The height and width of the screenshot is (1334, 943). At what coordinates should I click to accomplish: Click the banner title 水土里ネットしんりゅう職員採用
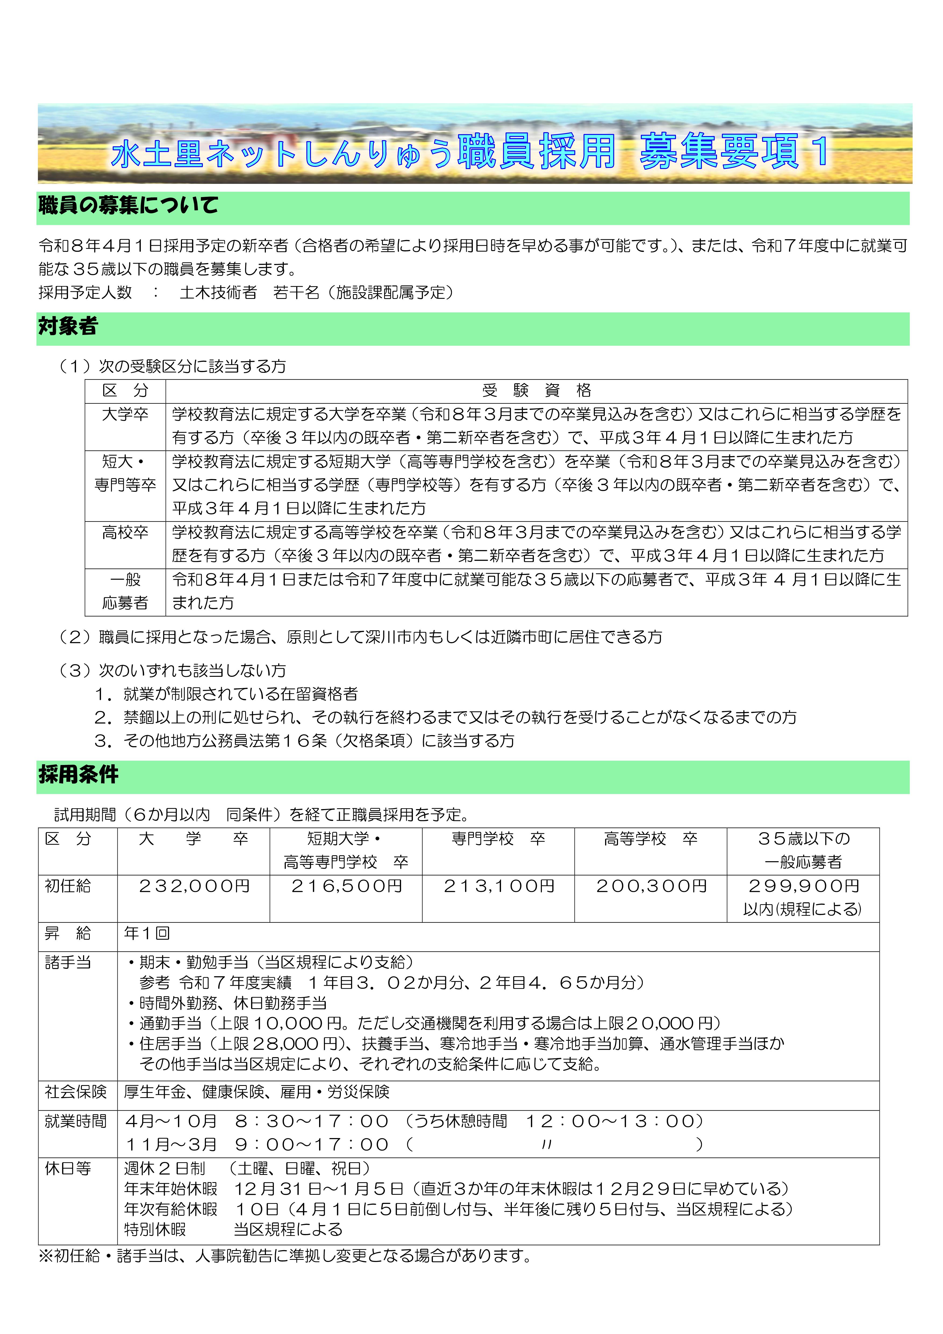pyautogui.click(x=363, y=152)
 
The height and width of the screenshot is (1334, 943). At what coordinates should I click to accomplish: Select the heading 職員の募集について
pyautogui.click(x=128, y=205)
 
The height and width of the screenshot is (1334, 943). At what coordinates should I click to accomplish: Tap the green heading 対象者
pyautogui.click(x=68, y=327)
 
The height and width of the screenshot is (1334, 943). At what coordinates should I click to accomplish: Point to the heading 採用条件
pyautogui.click(x=78, y=774)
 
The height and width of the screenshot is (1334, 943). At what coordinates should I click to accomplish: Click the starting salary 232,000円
pyautogui.click(x=194, y=886)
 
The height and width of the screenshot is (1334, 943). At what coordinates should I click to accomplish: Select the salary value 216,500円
pyautogui.click(x=346, y=886)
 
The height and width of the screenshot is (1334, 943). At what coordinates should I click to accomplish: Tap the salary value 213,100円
pyautogui.click(x=499, y=886)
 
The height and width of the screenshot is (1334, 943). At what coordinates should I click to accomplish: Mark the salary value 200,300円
pyautogui.click(x=651, y=886)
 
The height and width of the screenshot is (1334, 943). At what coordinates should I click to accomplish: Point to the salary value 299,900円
pyautogui.click(x=803, y=886)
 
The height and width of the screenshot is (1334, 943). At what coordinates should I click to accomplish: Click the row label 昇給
pyautogui.click(x=68, y=934)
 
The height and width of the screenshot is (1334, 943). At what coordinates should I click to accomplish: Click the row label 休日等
pyautogui.click(x=68, y=1168)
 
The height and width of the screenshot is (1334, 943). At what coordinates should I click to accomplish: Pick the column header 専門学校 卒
pyautogui.click(x=499, y=839)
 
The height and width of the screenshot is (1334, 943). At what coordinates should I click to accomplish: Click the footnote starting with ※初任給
pyautogui.click(x=285, y=1256)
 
